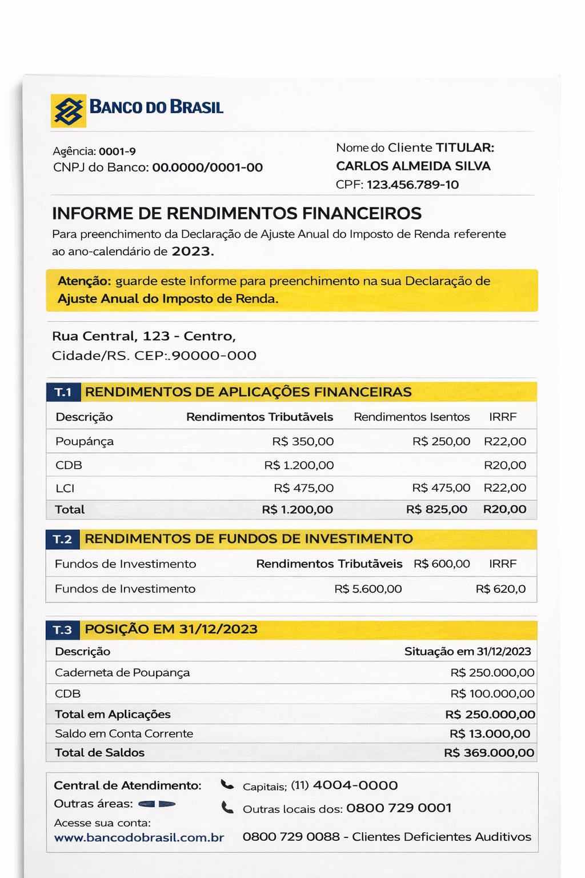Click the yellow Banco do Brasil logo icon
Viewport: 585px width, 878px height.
coord(69,110)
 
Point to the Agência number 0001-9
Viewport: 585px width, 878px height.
coord(117,151)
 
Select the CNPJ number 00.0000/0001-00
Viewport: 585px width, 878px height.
coord(207,167)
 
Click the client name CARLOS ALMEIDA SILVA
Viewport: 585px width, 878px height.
coord(413,166)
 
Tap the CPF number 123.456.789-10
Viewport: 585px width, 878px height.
coord(412,185)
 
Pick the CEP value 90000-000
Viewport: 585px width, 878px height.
coord(214,356)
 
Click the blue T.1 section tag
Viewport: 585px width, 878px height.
coord(63,392)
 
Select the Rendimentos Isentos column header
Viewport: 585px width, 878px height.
coord(411,417)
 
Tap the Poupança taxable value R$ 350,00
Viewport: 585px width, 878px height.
coord(303,441)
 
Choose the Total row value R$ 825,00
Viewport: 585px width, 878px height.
coord(436,509)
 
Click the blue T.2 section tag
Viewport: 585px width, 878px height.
coord(63,539)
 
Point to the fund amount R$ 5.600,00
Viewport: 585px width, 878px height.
coord(368,589)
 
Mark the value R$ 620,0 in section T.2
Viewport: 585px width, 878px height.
coord(500,589)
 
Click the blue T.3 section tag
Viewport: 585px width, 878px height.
coord(63,630)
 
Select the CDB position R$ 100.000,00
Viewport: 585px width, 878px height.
coord(492,693)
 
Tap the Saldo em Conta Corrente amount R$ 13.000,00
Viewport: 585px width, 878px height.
coord(490,733)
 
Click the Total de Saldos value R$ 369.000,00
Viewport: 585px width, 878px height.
coord(489,753)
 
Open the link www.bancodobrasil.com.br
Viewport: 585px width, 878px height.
coord(139,837)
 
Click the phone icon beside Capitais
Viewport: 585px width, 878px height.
coord(227,785)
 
